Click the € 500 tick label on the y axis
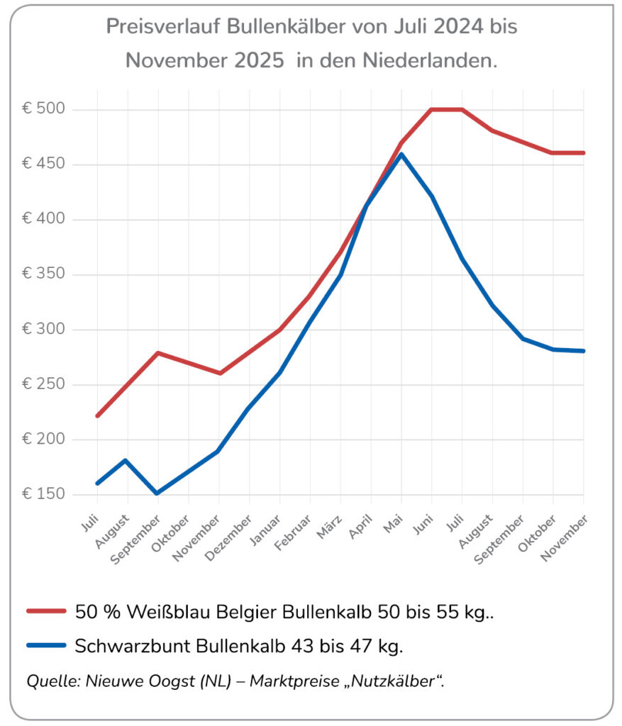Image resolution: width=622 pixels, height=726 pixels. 44,110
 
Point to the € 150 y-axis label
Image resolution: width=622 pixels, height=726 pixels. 44,495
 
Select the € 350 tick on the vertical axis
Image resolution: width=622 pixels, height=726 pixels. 44,275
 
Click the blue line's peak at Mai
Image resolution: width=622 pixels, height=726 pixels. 401,154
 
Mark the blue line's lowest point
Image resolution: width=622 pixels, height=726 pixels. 157,493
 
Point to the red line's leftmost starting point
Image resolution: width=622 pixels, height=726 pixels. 96,415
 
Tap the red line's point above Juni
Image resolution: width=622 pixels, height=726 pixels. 432,110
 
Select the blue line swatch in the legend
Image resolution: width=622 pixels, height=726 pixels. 46,645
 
